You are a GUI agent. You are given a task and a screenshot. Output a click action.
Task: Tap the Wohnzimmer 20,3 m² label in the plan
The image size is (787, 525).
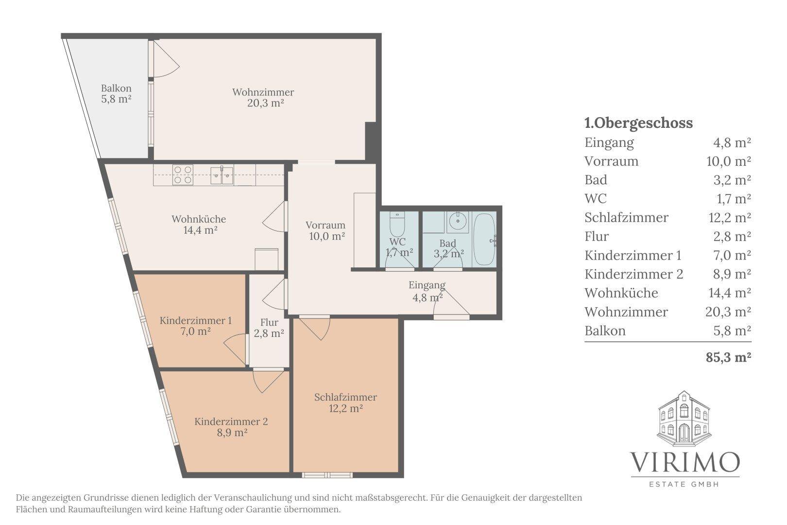[263, 98]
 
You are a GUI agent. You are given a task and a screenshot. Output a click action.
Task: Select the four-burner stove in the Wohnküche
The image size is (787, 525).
[183, 175]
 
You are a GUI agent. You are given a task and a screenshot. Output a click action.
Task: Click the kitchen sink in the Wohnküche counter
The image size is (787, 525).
[222, 175]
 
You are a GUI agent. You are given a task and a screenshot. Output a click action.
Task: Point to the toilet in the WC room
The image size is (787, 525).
[397, 224]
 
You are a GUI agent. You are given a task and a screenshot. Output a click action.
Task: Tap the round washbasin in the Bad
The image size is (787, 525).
[458, 221]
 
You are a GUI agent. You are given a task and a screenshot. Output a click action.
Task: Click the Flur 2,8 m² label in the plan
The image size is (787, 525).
[269, 328]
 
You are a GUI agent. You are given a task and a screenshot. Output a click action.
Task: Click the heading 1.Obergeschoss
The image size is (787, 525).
[639, 123]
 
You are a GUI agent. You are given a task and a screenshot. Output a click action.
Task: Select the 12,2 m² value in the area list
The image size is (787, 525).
[730, 218]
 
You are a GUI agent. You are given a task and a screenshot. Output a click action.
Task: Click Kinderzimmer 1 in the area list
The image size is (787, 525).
[633, 255]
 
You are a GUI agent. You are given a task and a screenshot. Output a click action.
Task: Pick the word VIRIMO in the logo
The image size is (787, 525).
[685, 462]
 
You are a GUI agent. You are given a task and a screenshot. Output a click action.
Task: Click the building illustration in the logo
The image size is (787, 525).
[684, 419]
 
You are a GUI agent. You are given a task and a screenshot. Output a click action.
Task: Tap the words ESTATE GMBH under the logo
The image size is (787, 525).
[684, 484]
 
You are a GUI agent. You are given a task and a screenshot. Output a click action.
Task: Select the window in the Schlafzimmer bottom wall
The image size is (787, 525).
[327, 475]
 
